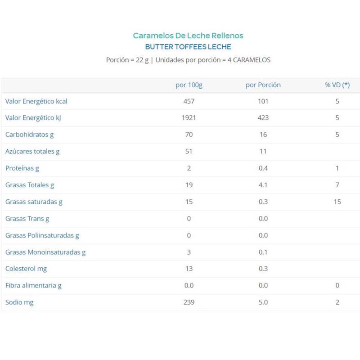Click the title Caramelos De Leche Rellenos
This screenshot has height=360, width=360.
pyautogui.click(x=188, y=35)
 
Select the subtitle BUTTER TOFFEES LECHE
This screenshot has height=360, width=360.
pyautogui.click(x=188, y=46)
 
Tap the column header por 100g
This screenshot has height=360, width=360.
pyautogui.click(x=189, y=85)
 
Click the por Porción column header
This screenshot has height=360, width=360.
pyautogui.click(x=263, y=85)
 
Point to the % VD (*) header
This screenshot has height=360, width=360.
pyautogui.click(x=337, y=85)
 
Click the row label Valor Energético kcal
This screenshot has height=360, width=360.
pyautogui.click(x=36, y=101)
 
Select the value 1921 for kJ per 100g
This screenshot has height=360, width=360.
pyautogui.click(x=189, y=118)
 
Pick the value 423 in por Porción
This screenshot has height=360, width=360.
pyautogui.click(x=263, y=118)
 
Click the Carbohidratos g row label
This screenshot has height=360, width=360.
pyautogui.click(x=29, y=135)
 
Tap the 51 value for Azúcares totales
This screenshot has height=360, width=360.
pyautogui.click(x=189, y=151)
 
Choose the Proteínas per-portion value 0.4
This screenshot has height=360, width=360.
pyautogui.click(x=263, y=168)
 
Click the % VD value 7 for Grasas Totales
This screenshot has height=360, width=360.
pyautogui.click(x=337, y=185)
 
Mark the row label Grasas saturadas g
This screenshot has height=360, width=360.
pyautogui.click(x=34, y=202)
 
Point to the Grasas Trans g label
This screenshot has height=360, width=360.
pyautogui.click(x=27, y=219)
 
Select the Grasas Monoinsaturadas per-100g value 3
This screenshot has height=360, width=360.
pyautogui.click(x=189, y=252)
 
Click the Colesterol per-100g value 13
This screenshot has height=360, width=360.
pyautogui.click(x=189, y=269)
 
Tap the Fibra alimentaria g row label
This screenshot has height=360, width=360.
pyautogui.click(x=33, y=285)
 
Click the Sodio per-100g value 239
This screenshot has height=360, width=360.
pyautogui.click(x=189, y=302)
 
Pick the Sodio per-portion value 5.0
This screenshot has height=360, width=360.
pyautogui.click(x=263, y=302)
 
